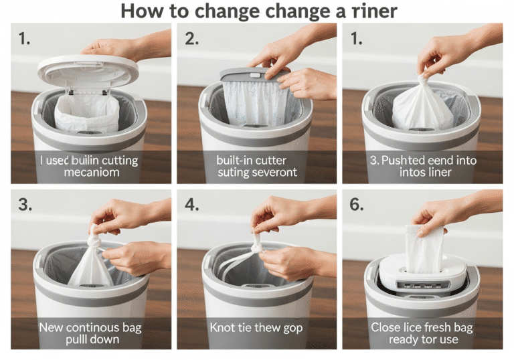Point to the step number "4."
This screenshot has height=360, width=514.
tap(192, 205)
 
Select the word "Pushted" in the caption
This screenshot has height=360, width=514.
tap(410, 161)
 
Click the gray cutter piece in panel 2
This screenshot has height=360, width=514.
tap(255, 74)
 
